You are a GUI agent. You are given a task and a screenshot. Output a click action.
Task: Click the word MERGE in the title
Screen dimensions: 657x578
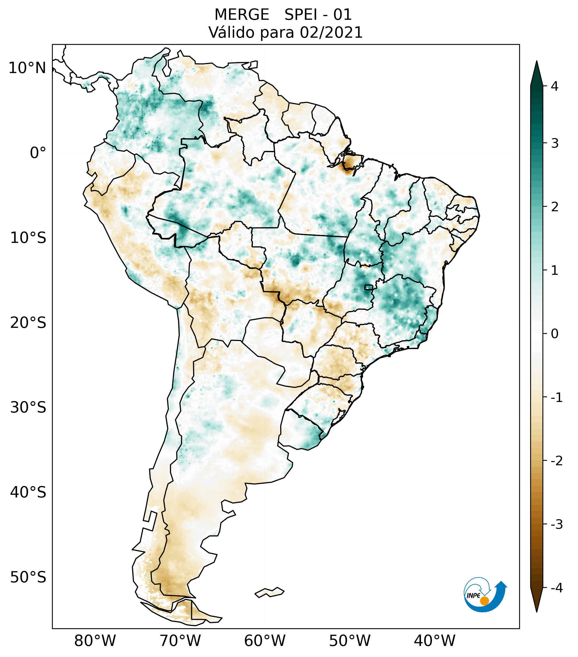point(242,15)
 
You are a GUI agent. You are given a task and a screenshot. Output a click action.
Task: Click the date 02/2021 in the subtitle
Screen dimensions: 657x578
point(331,32)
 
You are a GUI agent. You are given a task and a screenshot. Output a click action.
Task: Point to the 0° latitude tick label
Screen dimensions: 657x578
point(38,153)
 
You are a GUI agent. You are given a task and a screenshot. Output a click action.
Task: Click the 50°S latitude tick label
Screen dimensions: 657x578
point(28,577)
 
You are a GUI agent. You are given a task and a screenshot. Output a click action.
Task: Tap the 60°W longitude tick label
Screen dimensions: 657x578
point(265,641)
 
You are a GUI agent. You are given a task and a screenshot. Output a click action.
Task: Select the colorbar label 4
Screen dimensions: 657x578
point(555,86)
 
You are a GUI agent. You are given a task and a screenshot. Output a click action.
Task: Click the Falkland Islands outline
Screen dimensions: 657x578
point(269,592)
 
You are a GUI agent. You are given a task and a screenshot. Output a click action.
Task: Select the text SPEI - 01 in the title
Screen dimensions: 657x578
point(318,15)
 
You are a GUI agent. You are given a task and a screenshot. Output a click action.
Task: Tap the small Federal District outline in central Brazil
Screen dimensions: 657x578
point(368,287)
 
